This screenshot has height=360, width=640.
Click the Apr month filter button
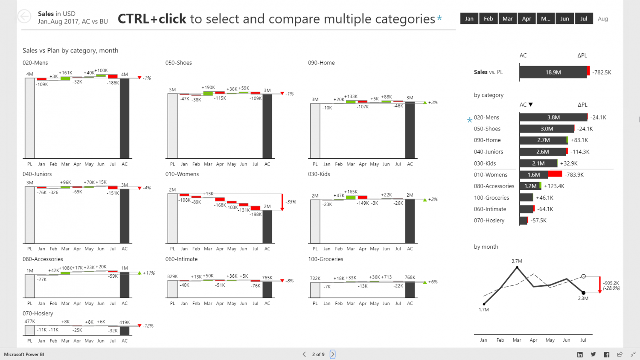(x=527, y=19)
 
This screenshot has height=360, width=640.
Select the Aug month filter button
(x=602, y=19)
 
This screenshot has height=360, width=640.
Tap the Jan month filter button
(x=469, y=19)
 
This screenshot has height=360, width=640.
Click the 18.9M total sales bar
(x=553, y=73)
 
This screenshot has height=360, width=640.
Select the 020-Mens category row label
(x=486, y=117)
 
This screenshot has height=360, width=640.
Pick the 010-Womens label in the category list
(x=491, y=175)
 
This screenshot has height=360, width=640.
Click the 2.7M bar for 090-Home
(x=543, y=140)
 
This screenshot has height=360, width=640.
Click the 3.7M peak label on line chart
(x=517, y=261)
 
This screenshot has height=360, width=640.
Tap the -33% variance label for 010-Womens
(x=291, y=202)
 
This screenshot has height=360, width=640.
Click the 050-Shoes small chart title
(x=178, y=63)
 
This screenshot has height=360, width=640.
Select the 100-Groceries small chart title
(x=326, y=259)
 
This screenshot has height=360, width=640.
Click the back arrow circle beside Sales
(x=24, y=16)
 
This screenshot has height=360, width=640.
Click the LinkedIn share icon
(x=580, y=354)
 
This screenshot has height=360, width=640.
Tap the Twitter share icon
(x=593, y=354)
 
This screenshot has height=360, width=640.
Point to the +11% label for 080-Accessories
(x=149, y=273)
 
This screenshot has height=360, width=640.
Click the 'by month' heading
(x=486, y=247)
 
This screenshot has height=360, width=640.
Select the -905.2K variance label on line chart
(x=611, y=283)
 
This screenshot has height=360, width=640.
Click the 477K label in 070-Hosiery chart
(x=29, y=322)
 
